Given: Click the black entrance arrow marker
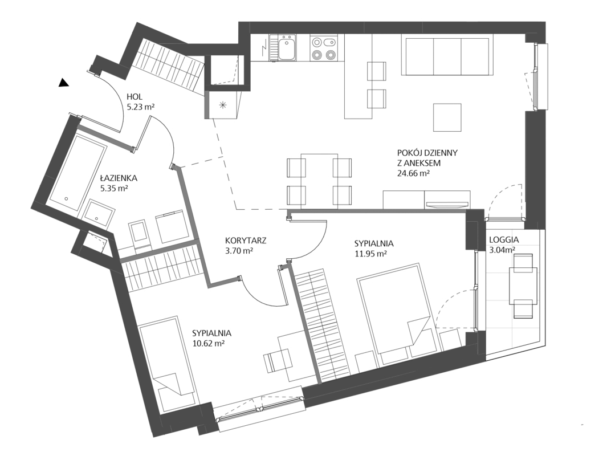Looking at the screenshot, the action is tap(63, 83).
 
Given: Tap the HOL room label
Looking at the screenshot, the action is tap(135, 97).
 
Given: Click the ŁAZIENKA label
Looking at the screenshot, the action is tap(119, 178).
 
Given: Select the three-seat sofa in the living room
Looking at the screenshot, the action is tap(447, 54).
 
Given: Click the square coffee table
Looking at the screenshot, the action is tap(447, 117).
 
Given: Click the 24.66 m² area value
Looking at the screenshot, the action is tap(413, 173).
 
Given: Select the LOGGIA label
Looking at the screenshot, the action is tap(504, 239).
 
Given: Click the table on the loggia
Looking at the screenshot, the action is tap(523, 286).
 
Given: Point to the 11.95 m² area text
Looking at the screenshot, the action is tap(371, 254).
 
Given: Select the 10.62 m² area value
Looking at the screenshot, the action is tap(209, 343).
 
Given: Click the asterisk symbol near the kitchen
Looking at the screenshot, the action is tap(223, 104).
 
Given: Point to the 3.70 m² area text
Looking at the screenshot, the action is tap(239, 250).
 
